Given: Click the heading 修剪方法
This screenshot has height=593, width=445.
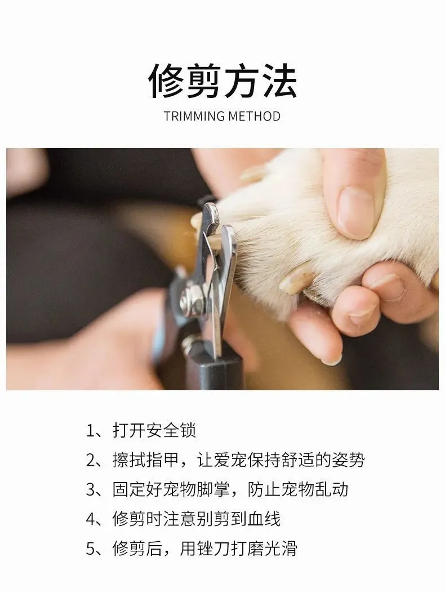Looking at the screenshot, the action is click(222, 81).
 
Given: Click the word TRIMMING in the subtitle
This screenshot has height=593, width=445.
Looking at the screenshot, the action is click(194, 116).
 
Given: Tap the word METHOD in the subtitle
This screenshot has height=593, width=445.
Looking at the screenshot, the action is click(254, 116).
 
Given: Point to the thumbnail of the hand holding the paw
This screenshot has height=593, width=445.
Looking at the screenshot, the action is click(355, 212).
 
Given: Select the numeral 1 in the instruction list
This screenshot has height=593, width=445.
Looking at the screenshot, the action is click(90, 431).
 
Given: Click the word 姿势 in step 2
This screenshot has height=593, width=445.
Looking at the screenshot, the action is click(348, 460).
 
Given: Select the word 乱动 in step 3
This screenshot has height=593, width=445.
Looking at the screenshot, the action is click(331, 489).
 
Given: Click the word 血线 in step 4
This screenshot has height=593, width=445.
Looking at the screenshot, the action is click(264, 519).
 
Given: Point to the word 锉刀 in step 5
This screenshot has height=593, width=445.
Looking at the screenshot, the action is click(213, 549).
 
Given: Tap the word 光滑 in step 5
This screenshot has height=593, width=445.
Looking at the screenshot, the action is click(281, 549).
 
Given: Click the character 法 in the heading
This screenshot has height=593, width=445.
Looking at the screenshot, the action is click(280, 81).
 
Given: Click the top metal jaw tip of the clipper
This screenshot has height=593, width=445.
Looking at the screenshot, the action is click(211, 208).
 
